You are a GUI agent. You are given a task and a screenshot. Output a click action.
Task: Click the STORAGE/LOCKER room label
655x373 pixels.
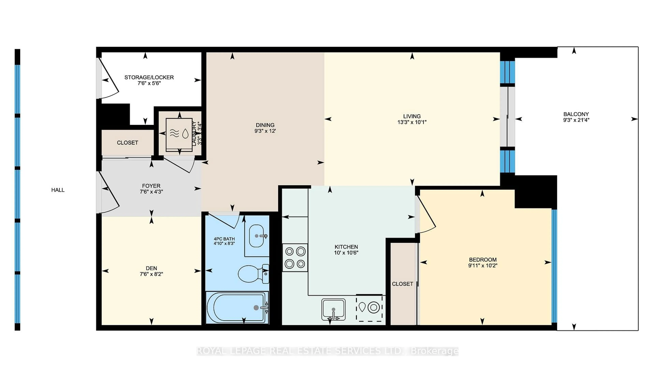point(149,77)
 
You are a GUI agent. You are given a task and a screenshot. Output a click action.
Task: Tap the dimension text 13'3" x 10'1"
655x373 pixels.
point(412,122)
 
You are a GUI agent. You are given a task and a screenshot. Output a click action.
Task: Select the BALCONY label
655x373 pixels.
point(576,114)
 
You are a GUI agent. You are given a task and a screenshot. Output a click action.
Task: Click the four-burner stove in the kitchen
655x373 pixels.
point(295,257)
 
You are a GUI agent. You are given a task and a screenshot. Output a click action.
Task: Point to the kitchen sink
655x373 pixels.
point(333,309)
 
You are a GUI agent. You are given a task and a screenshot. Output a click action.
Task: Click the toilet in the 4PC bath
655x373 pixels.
point(252,274)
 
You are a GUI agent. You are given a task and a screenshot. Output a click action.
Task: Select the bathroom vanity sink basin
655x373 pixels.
point(257,236)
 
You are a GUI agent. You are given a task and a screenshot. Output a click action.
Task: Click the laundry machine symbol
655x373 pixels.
point(179,133)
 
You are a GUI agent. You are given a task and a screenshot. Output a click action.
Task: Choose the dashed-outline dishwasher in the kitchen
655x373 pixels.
point(369,308)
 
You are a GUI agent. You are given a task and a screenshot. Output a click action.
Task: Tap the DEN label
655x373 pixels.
point(151,268)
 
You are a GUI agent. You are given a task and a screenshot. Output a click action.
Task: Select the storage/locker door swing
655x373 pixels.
point(109,79)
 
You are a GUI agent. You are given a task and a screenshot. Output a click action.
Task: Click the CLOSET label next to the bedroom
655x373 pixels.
point(402,284)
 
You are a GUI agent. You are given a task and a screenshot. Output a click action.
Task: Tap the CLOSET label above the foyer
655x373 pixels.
point(127,143)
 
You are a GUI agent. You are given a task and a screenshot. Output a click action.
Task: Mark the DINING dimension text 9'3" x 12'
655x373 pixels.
point(265,131)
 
